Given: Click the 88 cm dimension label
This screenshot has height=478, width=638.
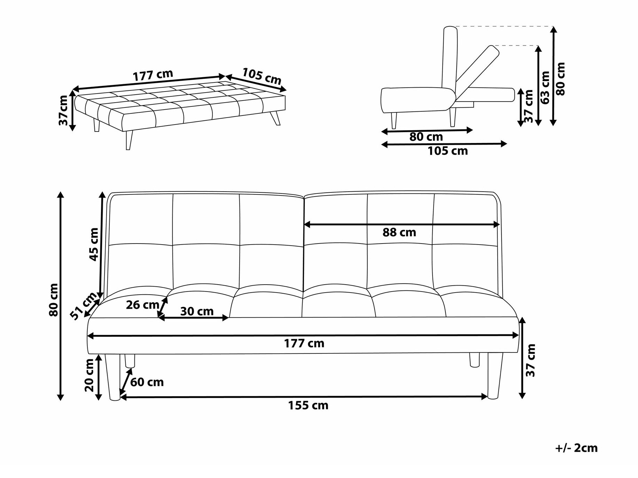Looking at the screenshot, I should click(x=399, y=232).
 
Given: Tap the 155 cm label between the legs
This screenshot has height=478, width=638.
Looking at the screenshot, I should click(x=308, y=405).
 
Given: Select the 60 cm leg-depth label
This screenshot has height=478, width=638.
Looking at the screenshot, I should click(x=147, y=382).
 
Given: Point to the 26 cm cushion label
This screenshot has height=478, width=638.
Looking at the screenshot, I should click(x=142, y=305).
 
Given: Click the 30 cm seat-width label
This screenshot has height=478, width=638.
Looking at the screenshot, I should click(x=197, y=311).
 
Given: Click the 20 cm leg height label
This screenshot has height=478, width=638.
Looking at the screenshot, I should click(x=89, y=375).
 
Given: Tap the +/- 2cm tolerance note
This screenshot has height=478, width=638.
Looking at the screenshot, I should click(x=576, y=448).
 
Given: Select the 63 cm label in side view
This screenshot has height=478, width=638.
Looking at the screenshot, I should click(x=545, y=88).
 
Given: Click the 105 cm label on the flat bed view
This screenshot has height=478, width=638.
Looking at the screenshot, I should click(x=262, y=76).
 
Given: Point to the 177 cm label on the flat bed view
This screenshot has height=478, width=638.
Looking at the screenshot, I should click(x=153, y=75).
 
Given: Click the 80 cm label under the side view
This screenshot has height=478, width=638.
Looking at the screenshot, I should click(x=426, y=137).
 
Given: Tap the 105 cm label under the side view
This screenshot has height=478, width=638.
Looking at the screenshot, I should click(x=448, y=151).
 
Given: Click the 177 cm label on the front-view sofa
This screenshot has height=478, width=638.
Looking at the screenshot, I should click(x=304, y=343).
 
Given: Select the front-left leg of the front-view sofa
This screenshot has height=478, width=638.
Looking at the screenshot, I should click(x=113, y=377).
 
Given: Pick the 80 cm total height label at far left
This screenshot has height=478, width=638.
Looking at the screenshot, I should click(x=54, y=300).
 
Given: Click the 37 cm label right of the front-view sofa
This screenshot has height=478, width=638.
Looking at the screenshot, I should click(x=530, y=360).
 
